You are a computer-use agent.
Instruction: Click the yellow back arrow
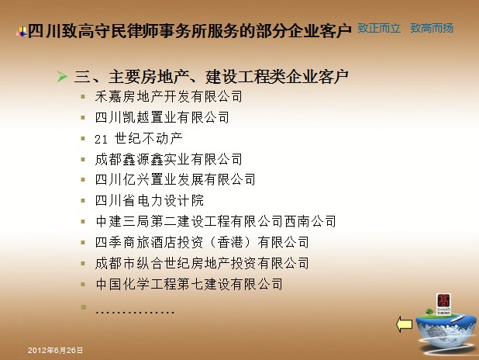(x=404, y=324)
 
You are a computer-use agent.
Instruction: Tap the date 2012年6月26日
(x=55, y=350)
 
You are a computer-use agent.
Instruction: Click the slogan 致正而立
(x=379, y=28)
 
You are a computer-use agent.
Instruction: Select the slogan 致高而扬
(x=432, y=28)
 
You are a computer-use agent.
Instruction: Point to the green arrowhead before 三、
(x=62, y=76)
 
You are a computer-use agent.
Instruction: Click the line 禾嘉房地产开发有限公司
(x=169, y=97)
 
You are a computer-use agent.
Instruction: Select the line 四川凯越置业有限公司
(x=162, y=117)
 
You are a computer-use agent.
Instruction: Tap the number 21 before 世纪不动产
(x=101, y=140)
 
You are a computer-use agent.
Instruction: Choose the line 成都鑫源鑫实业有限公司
(x=169, y=159)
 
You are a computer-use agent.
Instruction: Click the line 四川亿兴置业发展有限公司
(x=175, y=179)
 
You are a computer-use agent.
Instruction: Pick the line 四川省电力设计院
(x=150, y=201)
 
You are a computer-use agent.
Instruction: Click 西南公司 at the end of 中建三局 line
(x=310, y=221)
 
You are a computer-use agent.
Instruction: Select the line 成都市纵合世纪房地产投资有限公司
(x=202, y=263)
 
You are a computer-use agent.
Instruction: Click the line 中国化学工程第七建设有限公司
(x=189, y=284)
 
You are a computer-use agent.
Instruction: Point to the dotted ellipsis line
(x=135, y=313)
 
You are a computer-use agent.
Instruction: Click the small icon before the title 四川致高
(x=22, y=32)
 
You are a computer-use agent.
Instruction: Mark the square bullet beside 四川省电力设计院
(x=83, y=201)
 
